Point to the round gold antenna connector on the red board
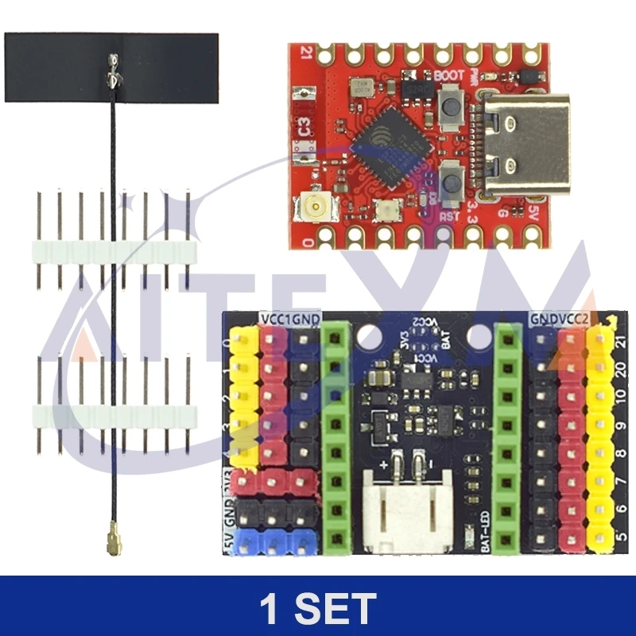tap(317, 211)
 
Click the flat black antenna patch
tap(111, 68)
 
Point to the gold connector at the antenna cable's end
tap(107, 545)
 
